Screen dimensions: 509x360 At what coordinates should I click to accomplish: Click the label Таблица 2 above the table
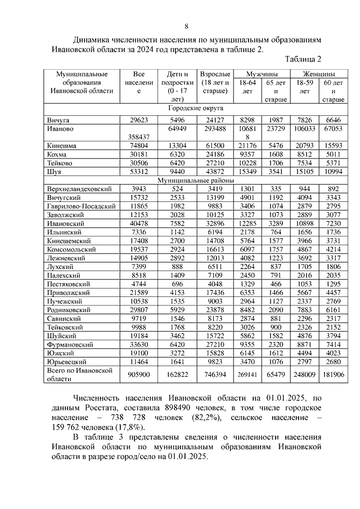click(x=303, y=59)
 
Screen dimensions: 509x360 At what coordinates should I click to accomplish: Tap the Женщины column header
click(x=319, y=74)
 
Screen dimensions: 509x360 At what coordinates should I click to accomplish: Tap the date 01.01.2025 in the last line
click(x=189, y=457)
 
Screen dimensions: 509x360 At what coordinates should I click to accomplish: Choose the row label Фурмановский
click(x=70, y=344)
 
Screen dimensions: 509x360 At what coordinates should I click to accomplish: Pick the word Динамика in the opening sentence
click(x=92, y=40)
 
